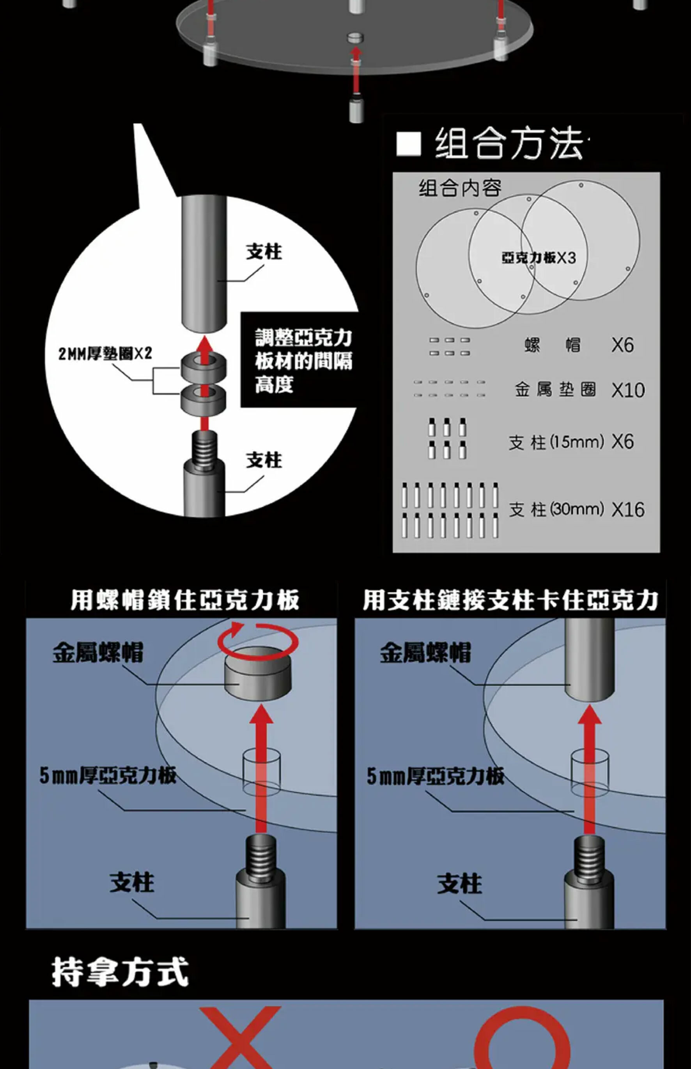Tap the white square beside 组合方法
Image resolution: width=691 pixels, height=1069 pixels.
[x=409, y=144]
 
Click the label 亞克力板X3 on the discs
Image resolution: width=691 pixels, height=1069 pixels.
[x=539, y=258]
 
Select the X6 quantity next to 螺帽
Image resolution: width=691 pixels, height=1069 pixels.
[x=622, y=345]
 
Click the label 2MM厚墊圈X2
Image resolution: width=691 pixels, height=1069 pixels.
[x=105, y=354]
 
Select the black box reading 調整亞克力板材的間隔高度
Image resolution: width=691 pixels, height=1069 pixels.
[x=300, y=360]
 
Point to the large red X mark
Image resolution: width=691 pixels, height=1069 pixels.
[x=241, y=1039]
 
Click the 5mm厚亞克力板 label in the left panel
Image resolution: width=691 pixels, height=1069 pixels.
[x=108, y=775]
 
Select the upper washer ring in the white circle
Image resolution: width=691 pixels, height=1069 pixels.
[x=204, y=367]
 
